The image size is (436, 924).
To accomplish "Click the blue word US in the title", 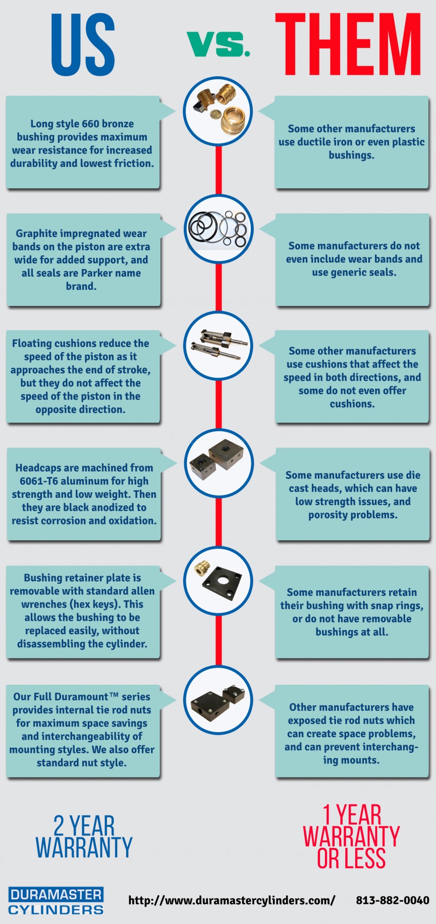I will coord(83,44).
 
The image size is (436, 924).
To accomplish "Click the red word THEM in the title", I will coord(348,44).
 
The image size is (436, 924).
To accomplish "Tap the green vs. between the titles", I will coord(218,44).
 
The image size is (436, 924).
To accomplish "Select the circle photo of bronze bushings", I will coord(218,112).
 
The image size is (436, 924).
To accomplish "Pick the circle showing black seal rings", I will coord(218,229).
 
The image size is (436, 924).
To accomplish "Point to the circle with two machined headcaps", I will coord(218,463).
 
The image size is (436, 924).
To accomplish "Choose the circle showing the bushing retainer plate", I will coord(218,580).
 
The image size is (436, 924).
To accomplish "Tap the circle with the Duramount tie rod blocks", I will coord(218,699).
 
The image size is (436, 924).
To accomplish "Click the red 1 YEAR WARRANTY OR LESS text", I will coord(351,836).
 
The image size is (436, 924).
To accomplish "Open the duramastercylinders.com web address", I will coord(232,900).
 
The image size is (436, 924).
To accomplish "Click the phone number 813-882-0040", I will coord(392,900).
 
